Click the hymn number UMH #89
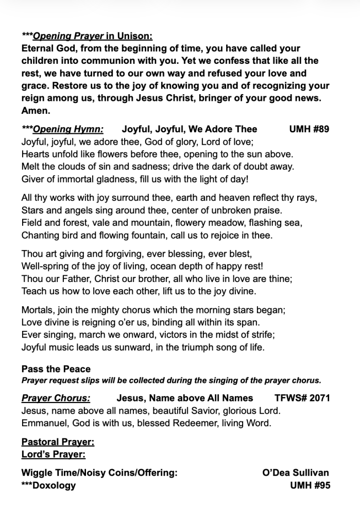pyautogui.click(x=309, y=130)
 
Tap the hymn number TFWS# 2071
pyautogui.click(x=302, y=398)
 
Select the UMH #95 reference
pyautogui.click(x=310, y=485)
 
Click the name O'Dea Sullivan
pyautogui.click(x=296, y=473)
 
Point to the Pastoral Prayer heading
pyautogui.click(x=58, y=442)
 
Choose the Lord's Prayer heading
pyautogui.click(x=54, y=454)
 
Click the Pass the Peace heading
pyautogui.click(x=56, y=369)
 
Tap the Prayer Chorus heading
pyautogui.click(x=56, y=398)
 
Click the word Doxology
pyautogui.click(x=54, y=485)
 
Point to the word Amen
pyautogui.click(x=36, y=111)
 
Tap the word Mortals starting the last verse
pyautogui.click(x=38, y=310)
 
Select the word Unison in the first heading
pyautogui.click(x=135, y=36)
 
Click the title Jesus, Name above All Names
pyautogui.click(x=185, y=398)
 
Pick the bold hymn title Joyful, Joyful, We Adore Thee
pyautogui.click(x=189, y=130)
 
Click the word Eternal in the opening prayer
pyautogui.click(x=40, y=48)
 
